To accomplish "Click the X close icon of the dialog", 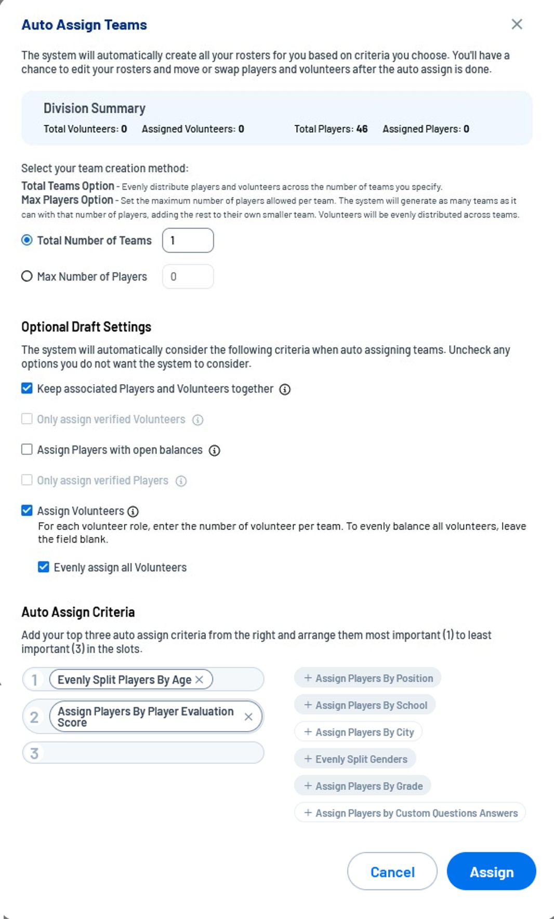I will click(517, 24).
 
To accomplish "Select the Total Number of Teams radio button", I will click(27, 240).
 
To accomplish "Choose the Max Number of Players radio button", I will click(27, 276).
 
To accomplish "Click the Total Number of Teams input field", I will click(188, 240).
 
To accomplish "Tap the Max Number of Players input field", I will click(188, 277).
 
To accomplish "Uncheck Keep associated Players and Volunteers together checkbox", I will click(27, 388).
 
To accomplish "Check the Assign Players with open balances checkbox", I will click(27, 450).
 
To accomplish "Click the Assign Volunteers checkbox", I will click(27, 510).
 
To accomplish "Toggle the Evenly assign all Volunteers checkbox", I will click(44, 567).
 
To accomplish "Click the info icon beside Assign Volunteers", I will click(133, 511).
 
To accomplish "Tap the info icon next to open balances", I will click(214, 451).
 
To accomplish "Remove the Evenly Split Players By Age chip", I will click(200, 680).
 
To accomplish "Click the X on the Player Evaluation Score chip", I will click(248, 717).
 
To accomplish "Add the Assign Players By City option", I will click(359, 732).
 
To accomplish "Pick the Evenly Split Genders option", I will click(355, 759).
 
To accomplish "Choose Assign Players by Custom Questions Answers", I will click(411, 813).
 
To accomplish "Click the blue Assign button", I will click(491, 872).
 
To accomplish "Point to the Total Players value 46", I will click(362, 129).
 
